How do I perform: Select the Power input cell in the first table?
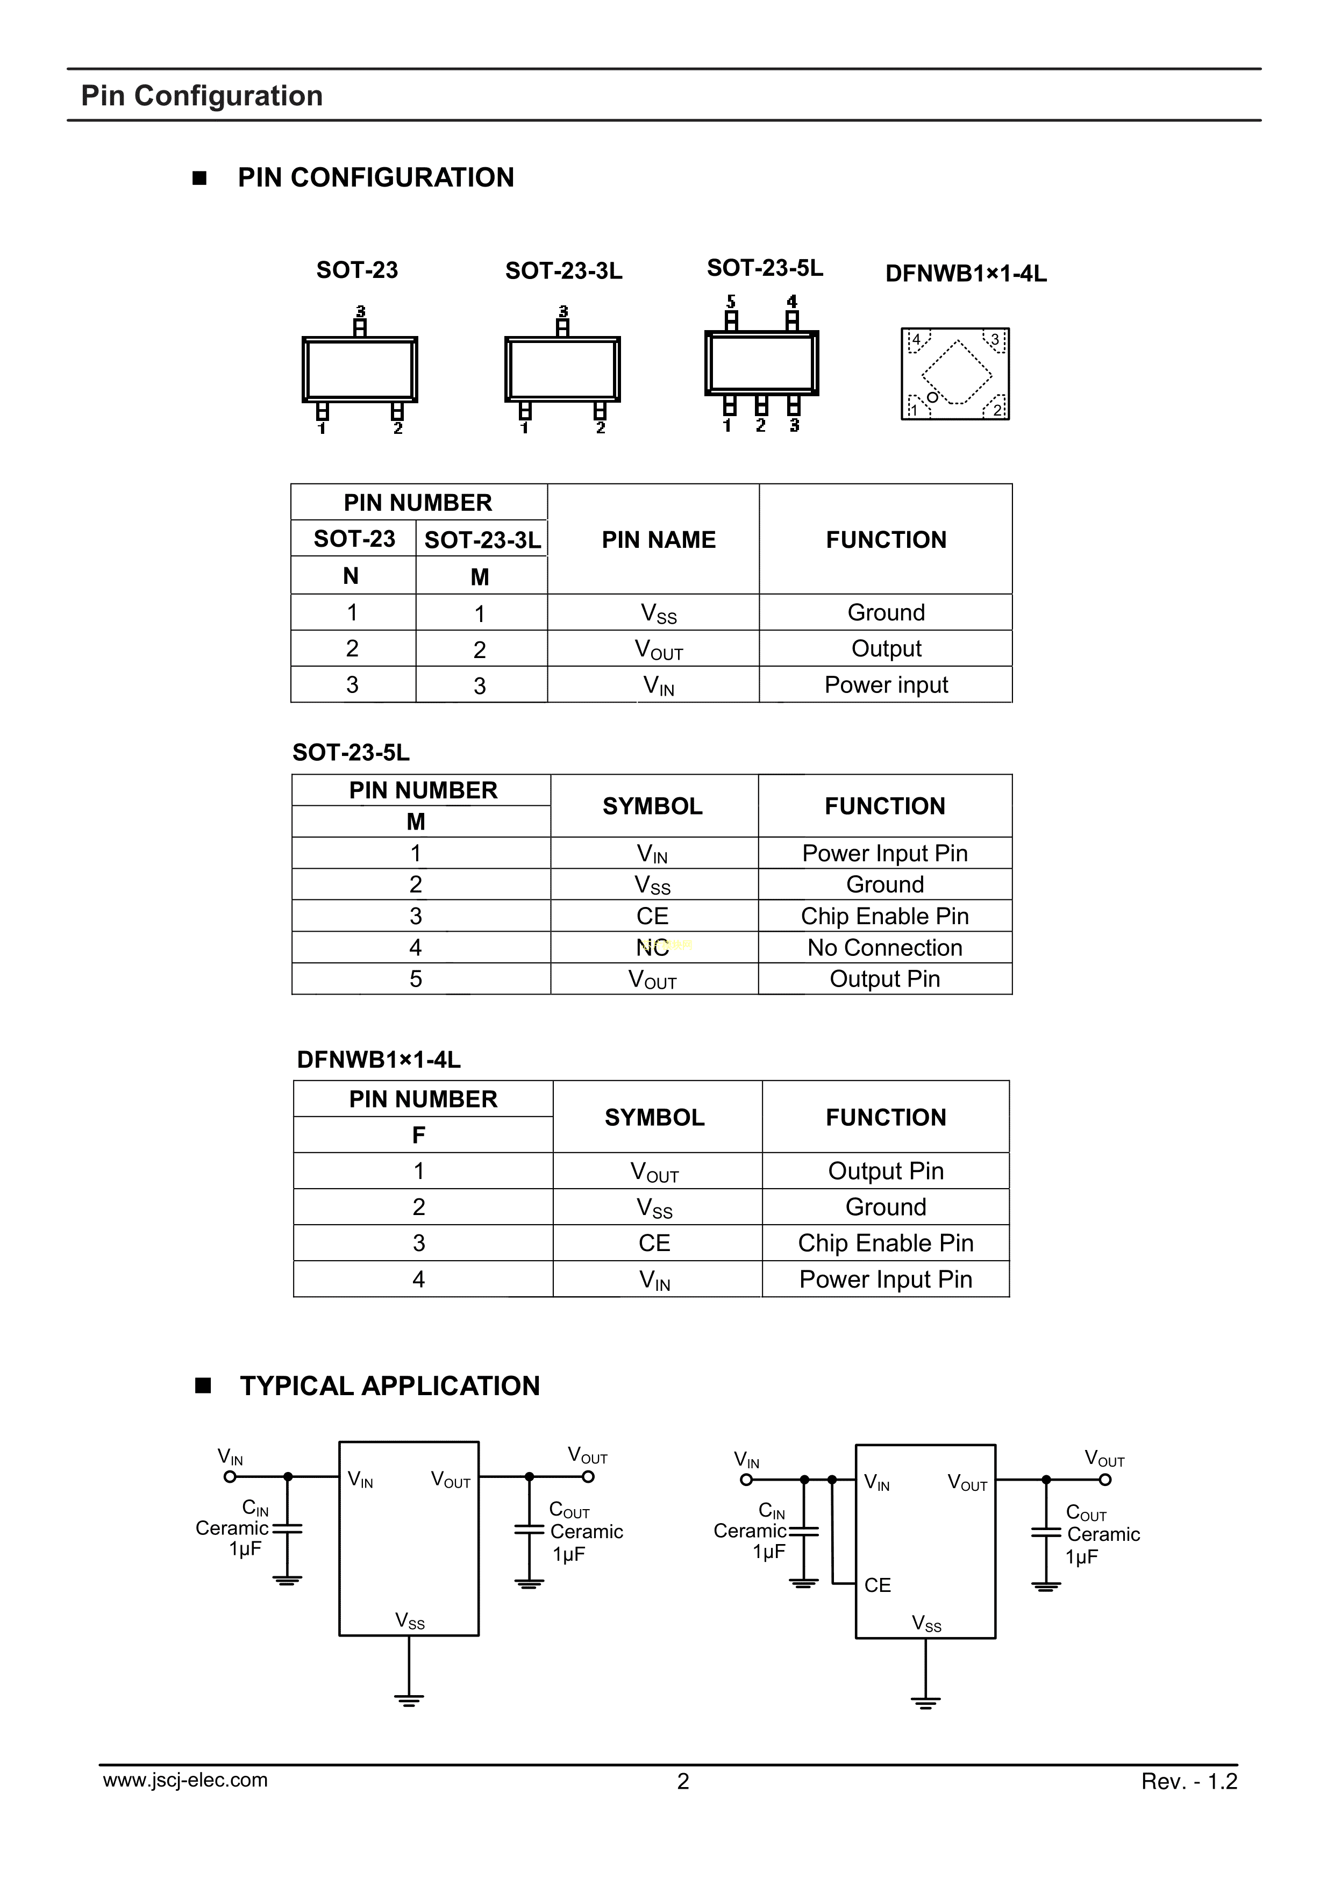click(886, 684)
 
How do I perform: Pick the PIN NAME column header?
click(658, 540)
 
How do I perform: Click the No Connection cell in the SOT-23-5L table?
click(884, 947)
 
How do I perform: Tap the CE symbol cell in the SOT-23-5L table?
click(652, 916)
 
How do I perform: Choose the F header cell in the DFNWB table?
click(419, 1134)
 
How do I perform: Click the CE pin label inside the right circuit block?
click(878, 1584)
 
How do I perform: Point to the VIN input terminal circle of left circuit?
click(230, 1476)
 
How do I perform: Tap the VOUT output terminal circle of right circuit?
click(1105, 1480)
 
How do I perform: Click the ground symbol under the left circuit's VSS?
click(408, 1698)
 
